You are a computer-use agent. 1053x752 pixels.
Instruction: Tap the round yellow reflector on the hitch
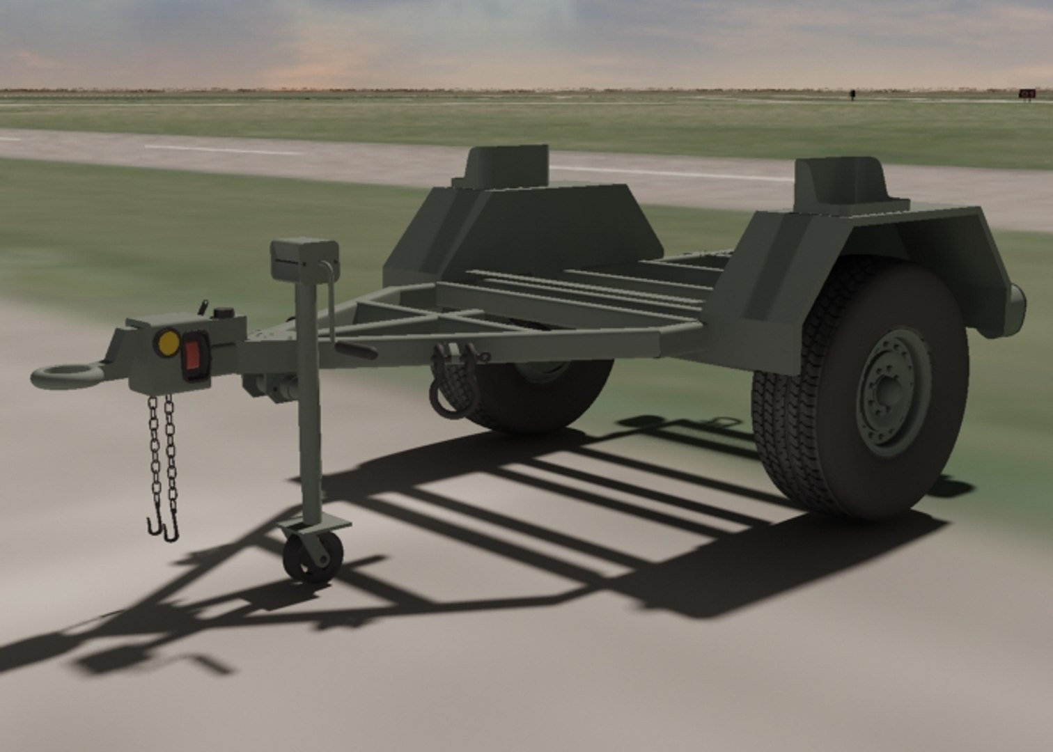click(168, 342)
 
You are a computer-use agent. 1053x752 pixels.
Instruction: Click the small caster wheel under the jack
click(312, 557)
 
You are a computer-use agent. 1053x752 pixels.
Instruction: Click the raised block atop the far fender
click(507, 166)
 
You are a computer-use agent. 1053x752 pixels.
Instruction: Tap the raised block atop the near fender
click(839, 180)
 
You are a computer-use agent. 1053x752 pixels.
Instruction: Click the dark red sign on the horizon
click(1026, 93)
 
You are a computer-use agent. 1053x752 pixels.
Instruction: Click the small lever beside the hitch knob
click(203, 306)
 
